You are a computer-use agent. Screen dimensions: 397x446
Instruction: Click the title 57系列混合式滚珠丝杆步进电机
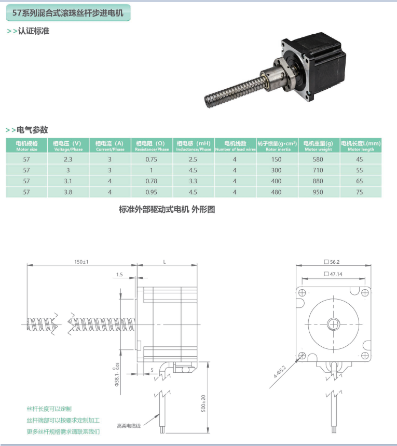[67, 13]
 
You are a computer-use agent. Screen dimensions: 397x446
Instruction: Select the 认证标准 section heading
[34, 31]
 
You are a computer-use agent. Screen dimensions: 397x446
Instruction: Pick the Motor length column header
[361, 146]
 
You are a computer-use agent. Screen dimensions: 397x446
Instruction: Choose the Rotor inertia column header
[277, 146]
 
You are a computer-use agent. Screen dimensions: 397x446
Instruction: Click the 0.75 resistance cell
[152, 159]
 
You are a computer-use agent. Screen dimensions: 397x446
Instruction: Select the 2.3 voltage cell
[68, 159]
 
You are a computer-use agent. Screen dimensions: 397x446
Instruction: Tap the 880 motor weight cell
[318, 181]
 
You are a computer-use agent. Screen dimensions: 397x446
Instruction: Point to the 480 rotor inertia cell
[276, 192]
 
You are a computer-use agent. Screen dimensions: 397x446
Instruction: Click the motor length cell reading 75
[360, 192]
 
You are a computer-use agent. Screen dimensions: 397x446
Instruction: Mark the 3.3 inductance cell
[193, 181]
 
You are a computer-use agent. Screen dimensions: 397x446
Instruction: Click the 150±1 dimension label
[81, 262]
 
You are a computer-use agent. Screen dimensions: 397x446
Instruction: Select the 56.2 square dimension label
[332, 262]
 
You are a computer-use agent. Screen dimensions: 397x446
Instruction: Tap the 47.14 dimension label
[333, 274]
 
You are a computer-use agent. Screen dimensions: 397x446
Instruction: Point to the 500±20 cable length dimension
[203, 403]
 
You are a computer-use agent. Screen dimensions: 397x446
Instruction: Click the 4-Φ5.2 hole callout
[280, 371]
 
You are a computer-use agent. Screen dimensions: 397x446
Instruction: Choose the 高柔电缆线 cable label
[129, 426]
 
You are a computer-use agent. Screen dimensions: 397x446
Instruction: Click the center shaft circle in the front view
[333, 324]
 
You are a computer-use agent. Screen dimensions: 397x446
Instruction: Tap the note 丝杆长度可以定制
[49, 409]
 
